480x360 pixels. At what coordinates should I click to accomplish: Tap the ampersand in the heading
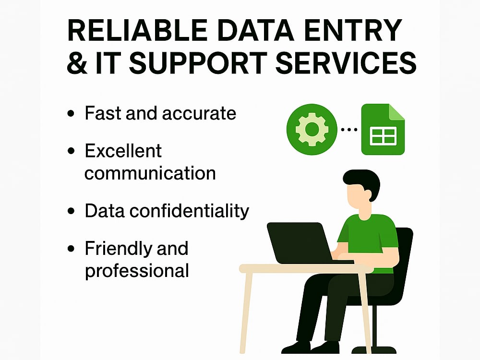(x=77, y=63)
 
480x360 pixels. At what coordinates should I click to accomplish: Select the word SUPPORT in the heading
(x=198, y=63)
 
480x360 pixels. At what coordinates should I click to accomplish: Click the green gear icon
(x=312, y=129)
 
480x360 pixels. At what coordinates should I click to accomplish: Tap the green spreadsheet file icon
(x=383, y=129)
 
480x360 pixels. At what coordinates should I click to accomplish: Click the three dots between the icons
(x=349, y=130)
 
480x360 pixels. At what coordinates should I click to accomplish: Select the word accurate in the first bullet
(x=199, y=114)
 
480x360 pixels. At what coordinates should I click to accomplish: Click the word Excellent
(x=123, y=151)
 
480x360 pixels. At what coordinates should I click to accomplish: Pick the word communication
(x=150, y=173)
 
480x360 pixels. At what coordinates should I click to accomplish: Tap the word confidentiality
(x=189, y=211)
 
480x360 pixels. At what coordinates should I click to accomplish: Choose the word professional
(x=137, y=271)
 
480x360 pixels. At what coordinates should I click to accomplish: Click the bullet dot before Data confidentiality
(x=71, y=211)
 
